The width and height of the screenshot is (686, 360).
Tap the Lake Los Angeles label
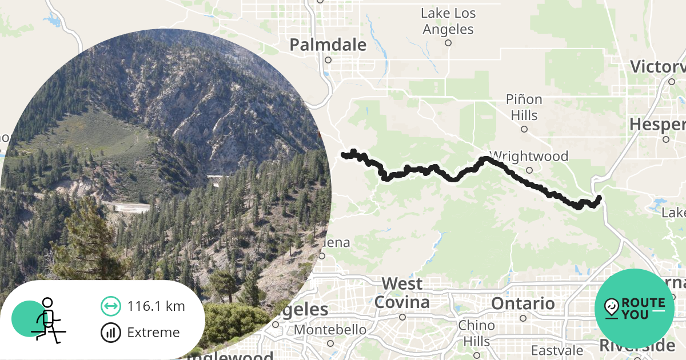tap(448, 21)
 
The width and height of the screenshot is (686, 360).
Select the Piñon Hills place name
tap(524, 107)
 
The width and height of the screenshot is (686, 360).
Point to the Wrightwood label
tap(529, 156)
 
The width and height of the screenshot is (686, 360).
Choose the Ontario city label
tap(523, 303)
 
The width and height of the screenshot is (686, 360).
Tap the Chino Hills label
tap(477, 333)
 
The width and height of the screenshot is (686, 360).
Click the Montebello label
tap(330, 330)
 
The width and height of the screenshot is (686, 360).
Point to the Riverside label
tap(637, 346)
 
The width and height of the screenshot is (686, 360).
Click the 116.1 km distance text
tap(156, 306)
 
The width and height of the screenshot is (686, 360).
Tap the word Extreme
tap(153, 333)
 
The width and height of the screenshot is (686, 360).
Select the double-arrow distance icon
tap(110, 306)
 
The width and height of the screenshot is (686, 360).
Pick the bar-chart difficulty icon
tap(110, 333)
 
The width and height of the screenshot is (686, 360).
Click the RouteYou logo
tap(635, 309)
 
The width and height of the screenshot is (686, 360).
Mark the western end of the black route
tap(344, 154)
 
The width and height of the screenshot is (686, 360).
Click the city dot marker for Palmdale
tap(328, 59)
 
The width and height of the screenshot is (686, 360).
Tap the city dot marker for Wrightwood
tap(529, 170)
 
